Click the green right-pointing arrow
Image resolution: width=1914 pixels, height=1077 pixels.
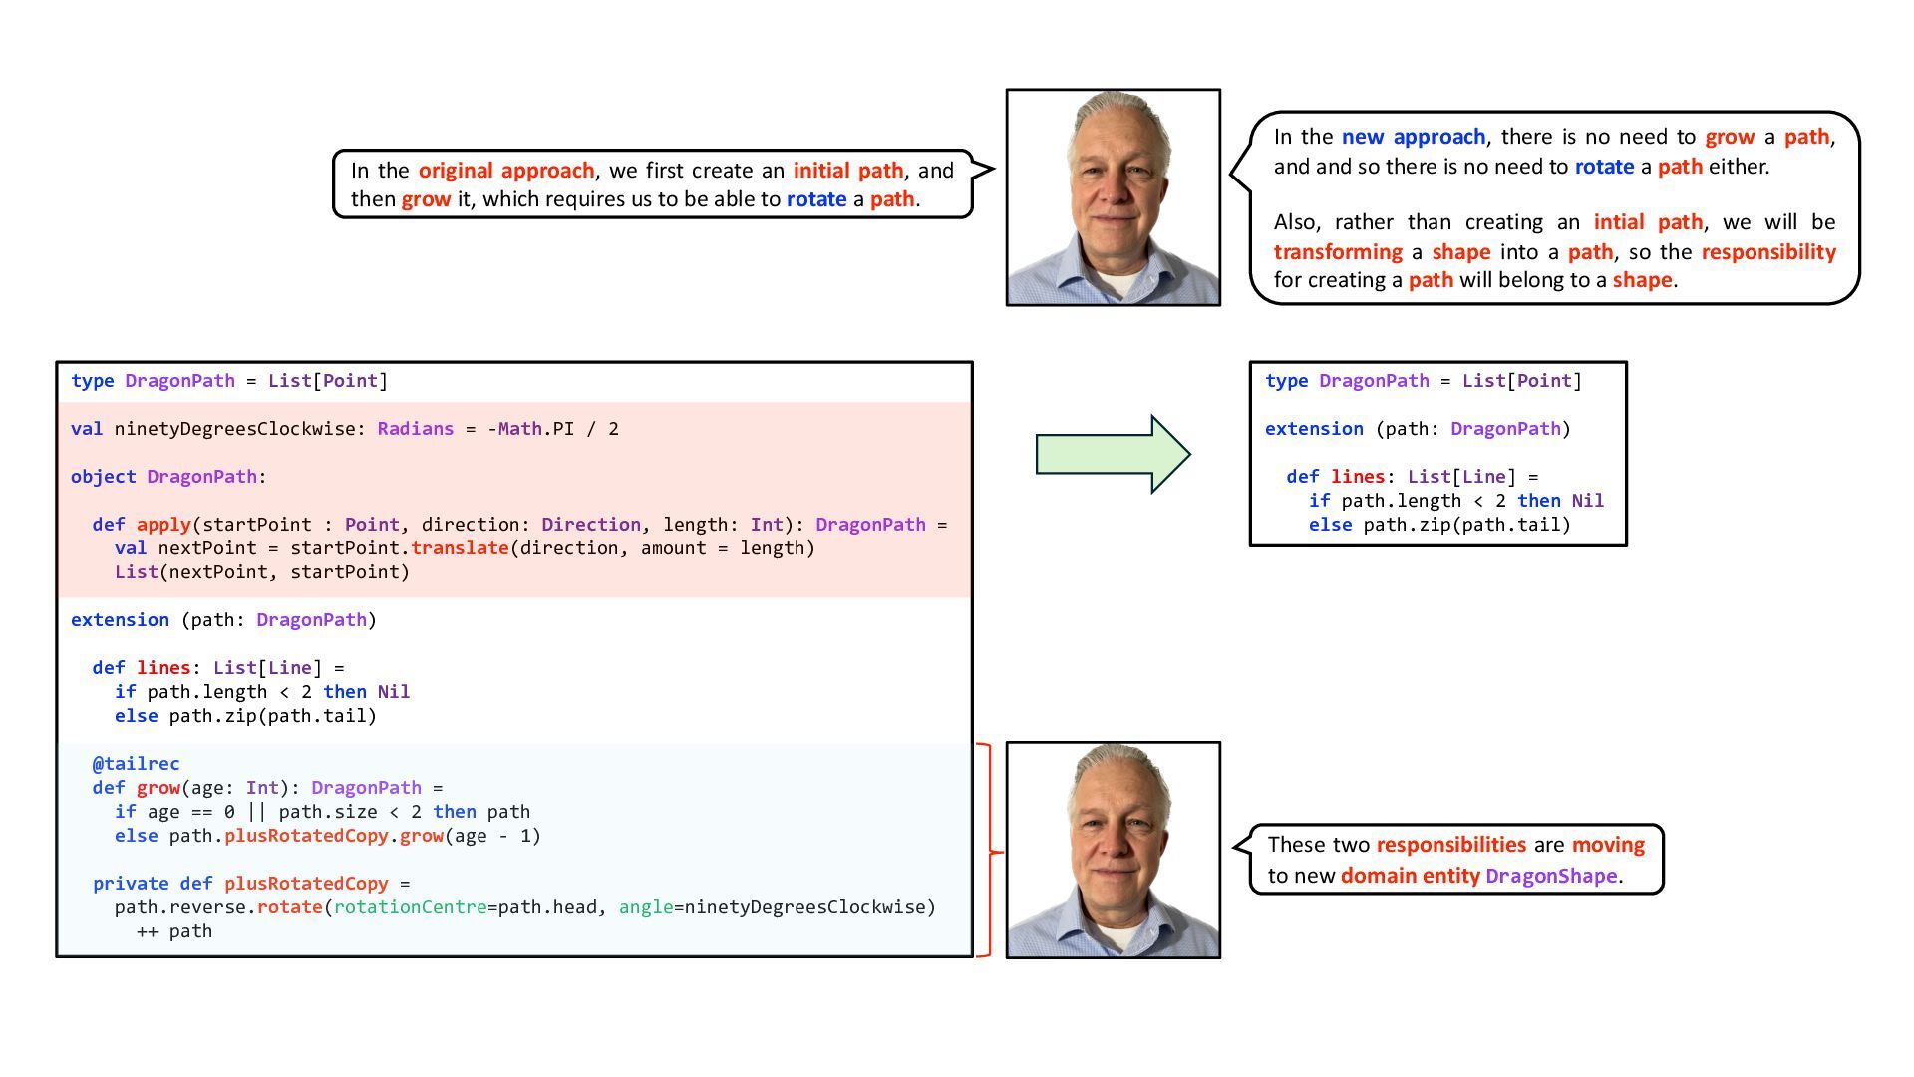[1112, 454]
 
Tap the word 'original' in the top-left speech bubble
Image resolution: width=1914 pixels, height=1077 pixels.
[455, 171]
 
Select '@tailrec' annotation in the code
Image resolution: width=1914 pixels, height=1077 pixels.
[136, 764]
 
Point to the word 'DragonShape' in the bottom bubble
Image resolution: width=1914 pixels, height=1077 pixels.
[1551, 876]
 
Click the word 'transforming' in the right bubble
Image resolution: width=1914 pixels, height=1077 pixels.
[1338, 252]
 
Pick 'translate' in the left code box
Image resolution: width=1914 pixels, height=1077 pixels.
[460, 548]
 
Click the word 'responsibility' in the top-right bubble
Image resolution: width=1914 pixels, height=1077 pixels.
[1768, 252]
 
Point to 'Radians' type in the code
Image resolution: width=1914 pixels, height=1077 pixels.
[415, 429]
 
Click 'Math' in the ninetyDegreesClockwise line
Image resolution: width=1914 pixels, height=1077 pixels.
[519, 429]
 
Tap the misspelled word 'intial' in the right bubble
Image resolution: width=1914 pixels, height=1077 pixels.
[1618, 222]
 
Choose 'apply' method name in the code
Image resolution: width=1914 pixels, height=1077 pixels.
[163, 525]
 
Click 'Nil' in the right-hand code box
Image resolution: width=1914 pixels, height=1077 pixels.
[1588, 501]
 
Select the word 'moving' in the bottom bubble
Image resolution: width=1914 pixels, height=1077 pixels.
[1608, 845]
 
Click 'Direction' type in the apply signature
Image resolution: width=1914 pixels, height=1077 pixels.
[591, 525]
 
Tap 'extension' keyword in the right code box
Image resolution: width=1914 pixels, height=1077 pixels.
[1314, 429]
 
